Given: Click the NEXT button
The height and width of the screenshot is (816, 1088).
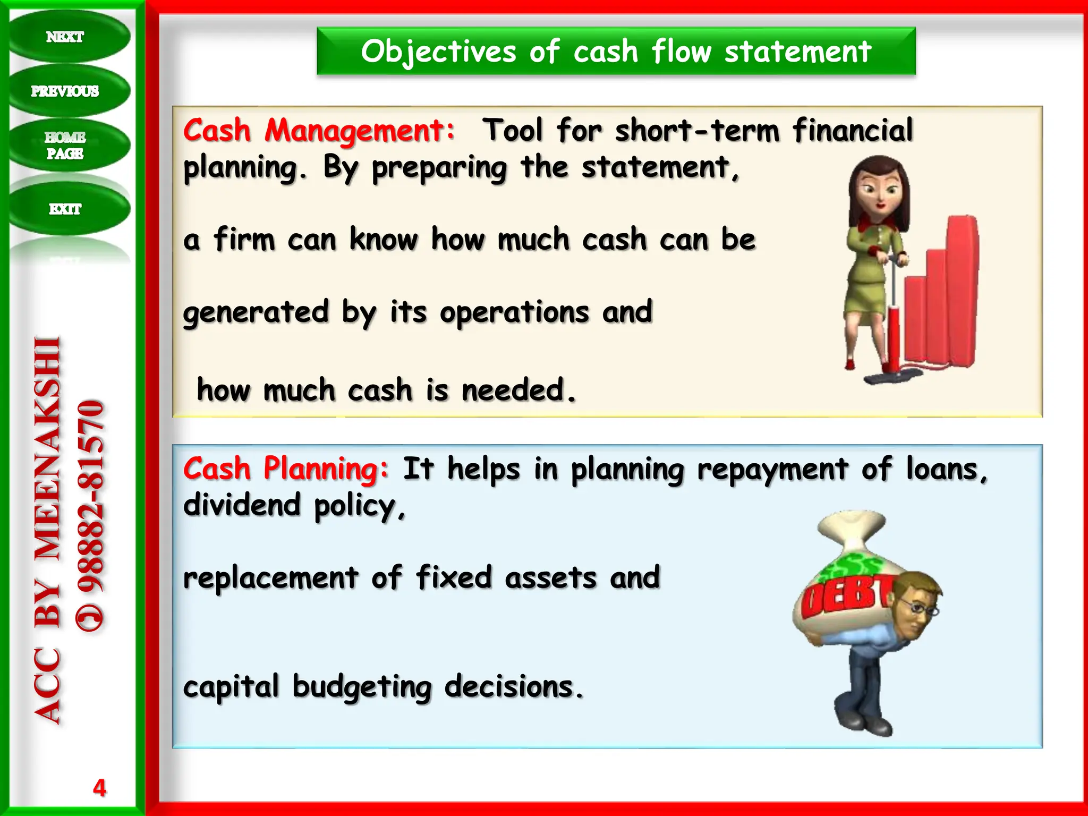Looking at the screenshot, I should click(x=65, y=37).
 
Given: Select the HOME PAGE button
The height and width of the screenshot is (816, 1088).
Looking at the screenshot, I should click(x=65, y=145).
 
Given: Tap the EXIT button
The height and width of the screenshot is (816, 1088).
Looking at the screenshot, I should click(x=65, y=209).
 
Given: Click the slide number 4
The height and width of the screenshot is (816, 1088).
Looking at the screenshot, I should click(x=99, y=787).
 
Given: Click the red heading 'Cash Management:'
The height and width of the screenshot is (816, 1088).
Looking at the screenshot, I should click(x=319, y=131).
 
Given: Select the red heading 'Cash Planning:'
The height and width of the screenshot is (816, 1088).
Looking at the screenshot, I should click(x=286, y=469).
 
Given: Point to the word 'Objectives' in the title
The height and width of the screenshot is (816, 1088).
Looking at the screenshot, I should click(x=438, y=52).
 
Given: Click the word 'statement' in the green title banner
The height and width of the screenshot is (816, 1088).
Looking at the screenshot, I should click(x=798, y=52).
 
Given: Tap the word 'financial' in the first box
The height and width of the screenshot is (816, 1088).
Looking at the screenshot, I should click(x=853, y=131).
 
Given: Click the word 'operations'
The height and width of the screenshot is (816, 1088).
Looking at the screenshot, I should click(x=514, y=312).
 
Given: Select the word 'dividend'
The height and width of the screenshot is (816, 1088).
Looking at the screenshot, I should click(x=242, y=505).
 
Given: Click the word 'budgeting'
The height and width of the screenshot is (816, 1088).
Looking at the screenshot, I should click(x=362, y=686).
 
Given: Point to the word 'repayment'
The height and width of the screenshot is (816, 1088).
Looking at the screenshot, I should click(x=772, y=469).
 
